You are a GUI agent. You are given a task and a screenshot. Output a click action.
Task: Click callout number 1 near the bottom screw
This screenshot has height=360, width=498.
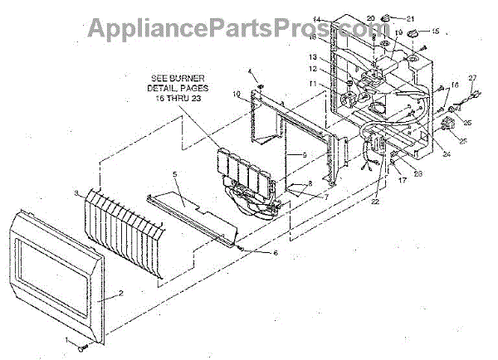(x=67, y=339)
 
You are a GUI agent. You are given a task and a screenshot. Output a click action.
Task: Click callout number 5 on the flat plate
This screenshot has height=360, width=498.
(x=174, y=175)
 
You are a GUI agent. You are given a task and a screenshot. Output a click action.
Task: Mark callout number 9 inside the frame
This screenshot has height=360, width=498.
(x=305, y=155)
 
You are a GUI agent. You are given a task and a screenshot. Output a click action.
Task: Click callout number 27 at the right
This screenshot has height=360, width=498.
(x=474, y=79)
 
